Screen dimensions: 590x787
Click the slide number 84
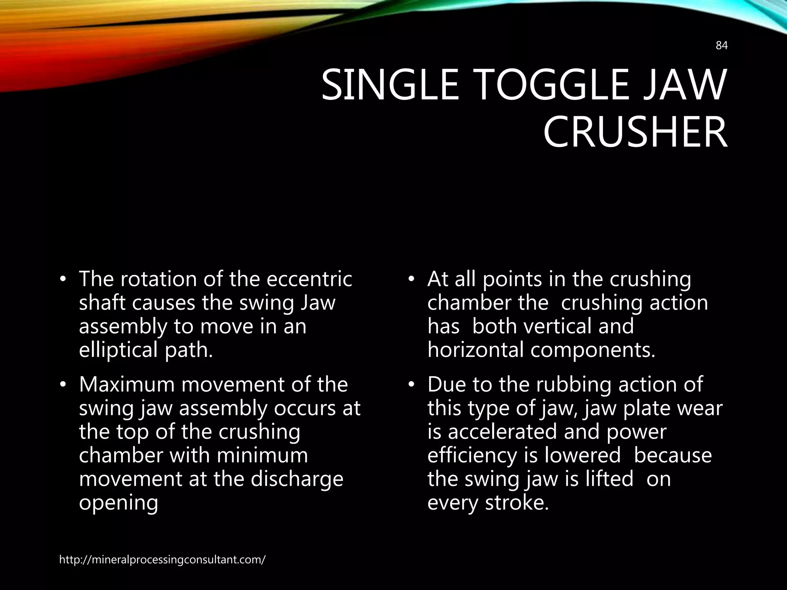click(722, 56)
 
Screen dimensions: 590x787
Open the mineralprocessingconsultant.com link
click(162, 560)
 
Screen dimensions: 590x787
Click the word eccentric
click(309, 279)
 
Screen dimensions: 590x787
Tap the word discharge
click(297, 479)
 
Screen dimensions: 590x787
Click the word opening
click(118, 503)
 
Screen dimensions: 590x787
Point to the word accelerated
click(503, 431)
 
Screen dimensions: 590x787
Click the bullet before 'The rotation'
click(63, 280)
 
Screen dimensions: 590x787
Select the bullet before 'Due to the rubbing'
click(411, 385)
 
